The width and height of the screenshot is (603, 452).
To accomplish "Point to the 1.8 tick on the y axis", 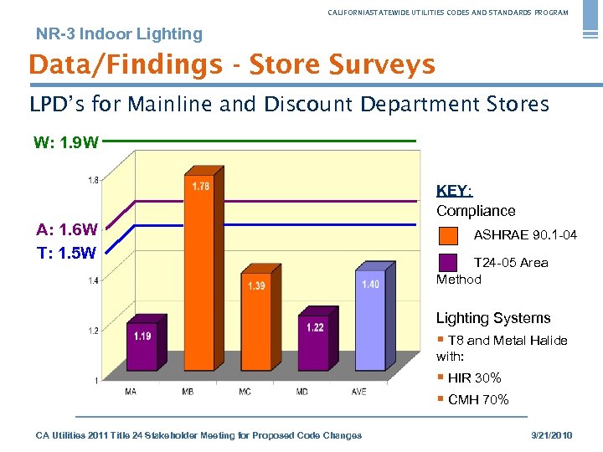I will [x=93, y=179].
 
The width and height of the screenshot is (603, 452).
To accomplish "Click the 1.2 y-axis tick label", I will [x=93, y=331].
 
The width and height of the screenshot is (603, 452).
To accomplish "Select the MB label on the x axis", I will [x=188, y=392].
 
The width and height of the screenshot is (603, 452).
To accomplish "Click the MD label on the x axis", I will [x=301, y=392].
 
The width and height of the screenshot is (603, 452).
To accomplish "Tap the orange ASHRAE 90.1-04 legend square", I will [x=448, y=235].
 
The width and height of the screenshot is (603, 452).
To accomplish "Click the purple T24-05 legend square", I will [x=448, y=263].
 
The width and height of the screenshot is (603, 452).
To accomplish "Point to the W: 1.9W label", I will [x=66, y=142].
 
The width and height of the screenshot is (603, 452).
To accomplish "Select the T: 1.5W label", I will [x=66, y=252].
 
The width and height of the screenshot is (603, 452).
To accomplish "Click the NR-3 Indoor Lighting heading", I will [x=119, y=34].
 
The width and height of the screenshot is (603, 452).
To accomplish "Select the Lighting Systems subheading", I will [x=493, y=318].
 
